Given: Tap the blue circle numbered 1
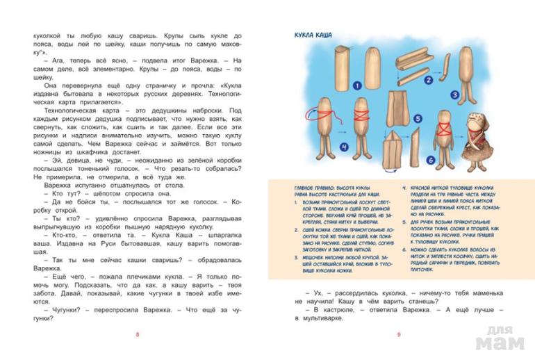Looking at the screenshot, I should [x=356, y=86].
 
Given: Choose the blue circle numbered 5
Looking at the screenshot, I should [x=418, y=118].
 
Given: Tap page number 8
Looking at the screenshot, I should [x=137, y=336].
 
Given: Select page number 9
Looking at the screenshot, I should [x=398, y=336].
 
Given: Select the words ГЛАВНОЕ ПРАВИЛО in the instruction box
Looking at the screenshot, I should [x=312, y=186].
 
